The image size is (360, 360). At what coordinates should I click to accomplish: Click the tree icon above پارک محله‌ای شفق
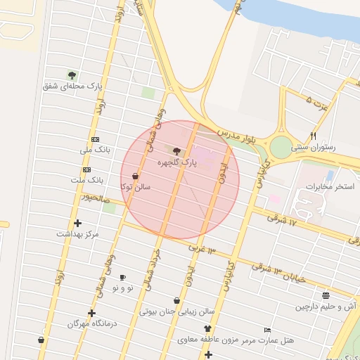(x=72, y=75)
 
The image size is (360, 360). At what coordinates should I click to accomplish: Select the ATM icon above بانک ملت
(x=86, y=169)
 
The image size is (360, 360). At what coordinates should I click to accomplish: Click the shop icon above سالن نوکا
(x=135, y=176)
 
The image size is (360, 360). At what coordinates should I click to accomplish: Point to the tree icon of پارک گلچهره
(x=176, y=150)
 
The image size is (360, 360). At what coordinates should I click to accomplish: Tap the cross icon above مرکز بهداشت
(x=77, y=223)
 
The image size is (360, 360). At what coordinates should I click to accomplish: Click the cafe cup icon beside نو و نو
(x=122, y=278)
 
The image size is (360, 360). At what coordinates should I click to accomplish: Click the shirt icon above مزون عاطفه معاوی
(x=207, y=329)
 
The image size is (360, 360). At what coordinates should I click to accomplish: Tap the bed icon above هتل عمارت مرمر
(x=267, y=330)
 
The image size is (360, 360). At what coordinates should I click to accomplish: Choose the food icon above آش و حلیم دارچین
(x=325, y=296)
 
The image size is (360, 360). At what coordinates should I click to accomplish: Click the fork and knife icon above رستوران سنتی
(x=314, y=136)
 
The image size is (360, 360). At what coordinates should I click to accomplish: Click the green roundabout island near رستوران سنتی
(x=281, y=148)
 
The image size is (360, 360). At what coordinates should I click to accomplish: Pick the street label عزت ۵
(x=318, y=103)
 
